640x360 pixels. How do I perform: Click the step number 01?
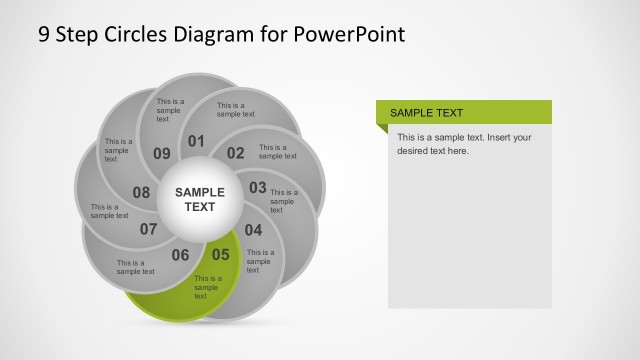(x=196, y=141)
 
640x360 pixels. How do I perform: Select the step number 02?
(x=235, y=153)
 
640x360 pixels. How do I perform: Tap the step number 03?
(x=257, y=187)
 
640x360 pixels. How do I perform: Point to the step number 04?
(x=253, y=229)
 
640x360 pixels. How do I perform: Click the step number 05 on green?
(x=220, y=254)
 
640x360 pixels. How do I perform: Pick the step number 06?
(x=180, y=255)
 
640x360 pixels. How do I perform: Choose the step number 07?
(x=148, y=229)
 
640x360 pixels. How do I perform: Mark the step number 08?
(x=141, y=193)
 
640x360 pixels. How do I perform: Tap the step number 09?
(x=161, y=153)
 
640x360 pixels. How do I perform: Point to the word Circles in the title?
(x=136, y=35)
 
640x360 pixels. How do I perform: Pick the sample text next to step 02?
(x=278, y=151)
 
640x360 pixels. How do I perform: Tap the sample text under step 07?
(x=135, y=267)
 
